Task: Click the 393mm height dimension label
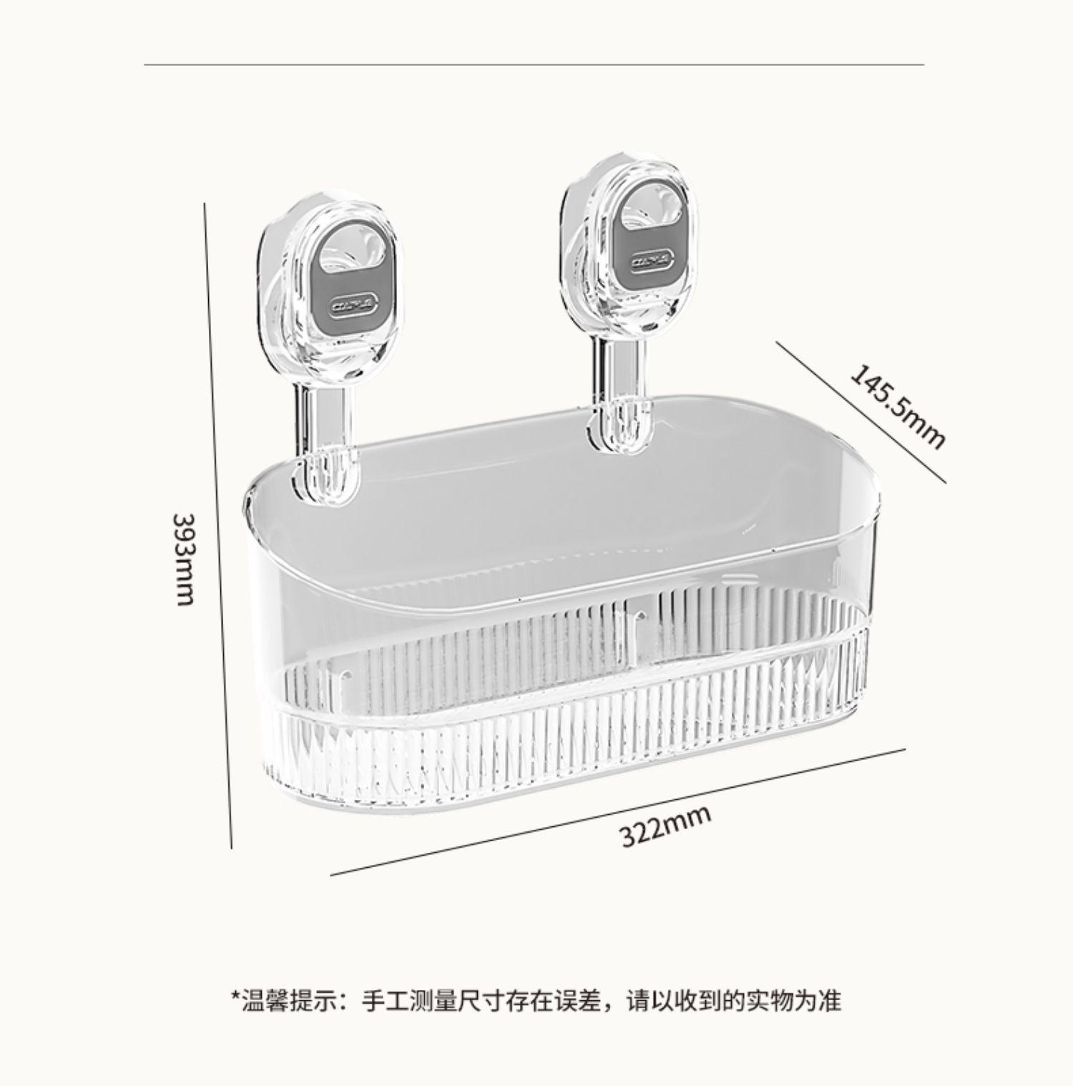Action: tap(185, 558)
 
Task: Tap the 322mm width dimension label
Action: tap(665, 825)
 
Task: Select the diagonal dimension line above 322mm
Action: tap(619, 811)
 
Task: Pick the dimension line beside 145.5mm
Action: tap(861, 411)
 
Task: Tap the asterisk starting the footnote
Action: tap(234, 997)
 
